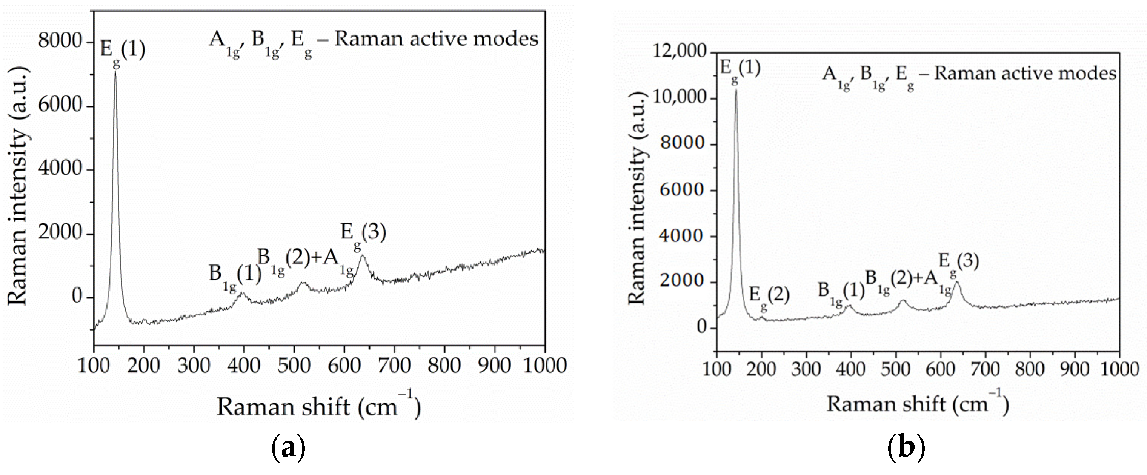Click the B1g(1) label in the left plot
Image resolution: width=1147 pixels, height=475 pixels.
[235, 277]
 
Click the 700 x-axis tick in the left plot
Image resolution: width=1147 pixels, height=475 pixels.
[394, 366]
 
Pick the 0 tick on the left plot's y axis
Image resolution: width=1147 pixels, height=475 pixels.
[77, 297]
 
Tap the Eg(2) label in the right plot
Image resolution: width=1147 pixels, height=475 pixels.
[769, 297]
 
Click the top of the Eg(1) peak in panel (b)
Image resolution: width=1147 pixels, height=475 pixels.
[736, 91]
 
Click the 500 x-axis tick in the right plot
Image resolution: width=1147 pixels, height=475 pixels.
[896, 369]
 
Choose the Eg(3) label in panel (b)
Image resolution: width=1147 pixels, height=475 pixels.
[959, 264]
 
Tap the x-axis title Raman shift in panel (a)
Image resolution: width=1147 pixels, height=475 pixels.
[318, 406]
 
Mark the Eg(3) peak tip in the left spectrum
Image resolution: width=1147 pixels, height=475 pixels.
[362, 255]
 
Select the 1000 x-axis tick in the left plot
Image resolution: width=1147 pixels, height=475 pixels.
[544, 366]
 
